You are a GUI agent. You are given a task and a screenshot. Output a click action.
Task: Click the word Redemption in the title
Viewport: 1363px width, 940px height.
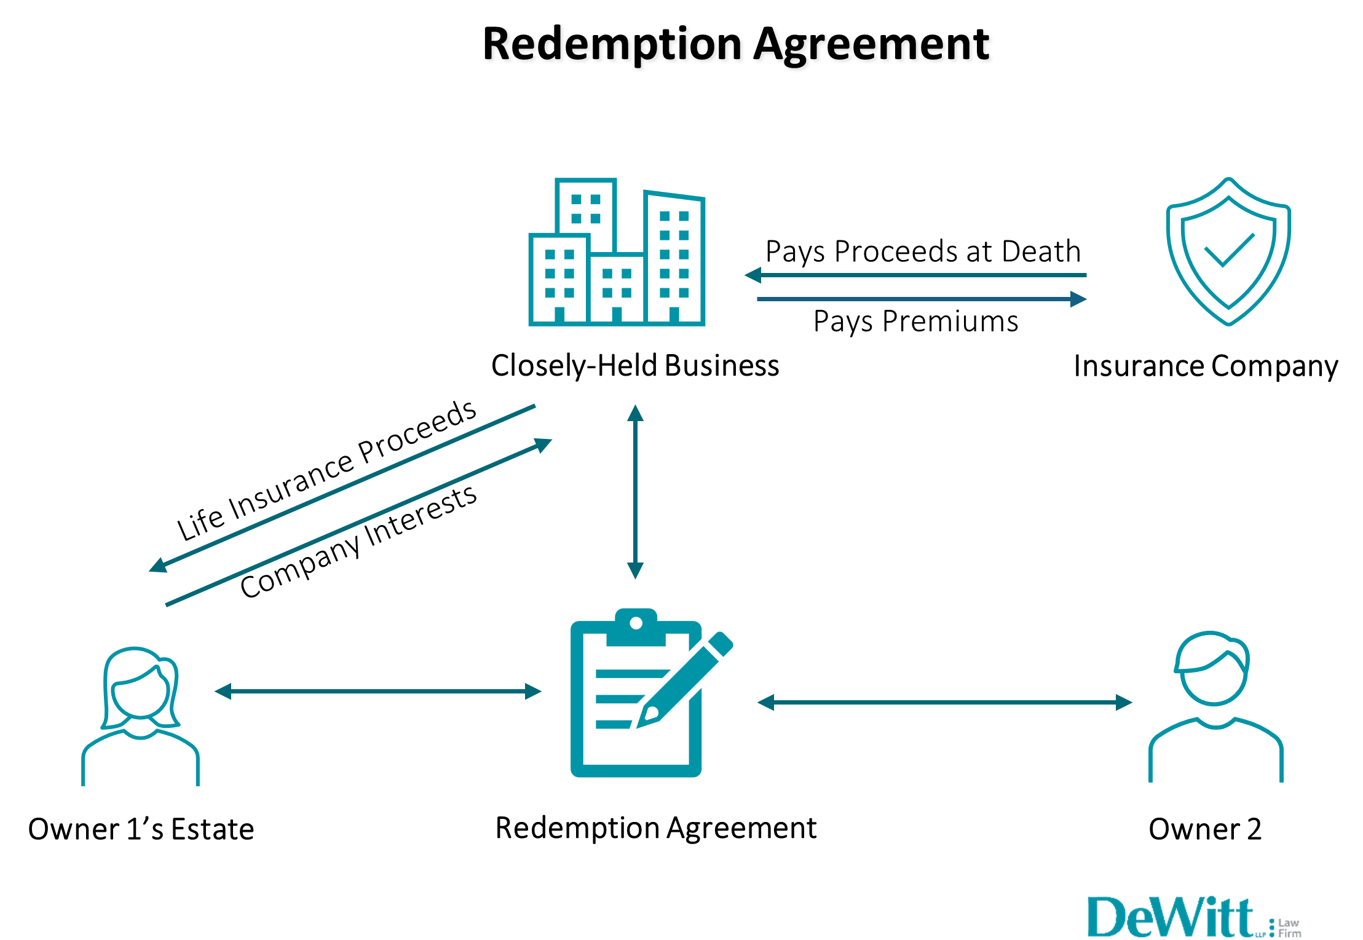pyautogui.click(x=614, y=45)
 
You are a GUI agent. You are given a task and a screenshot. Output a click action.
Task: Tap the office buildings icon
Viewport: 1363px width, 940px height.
pyautogui.click(x=617, y=252)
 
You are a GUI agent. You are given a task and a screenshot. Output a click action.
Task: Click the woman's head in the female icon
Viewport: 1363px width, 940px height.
pyautogui.click(x=141, y=689)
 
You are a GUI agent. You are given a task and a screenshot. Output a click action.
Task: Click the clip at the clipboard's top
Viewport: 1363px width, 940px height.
pyautogui.click(x=636, y=627)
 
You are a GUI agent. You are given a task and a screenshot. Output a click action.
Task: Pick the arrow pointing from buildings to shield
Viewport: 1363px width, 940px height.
pyautogui.click(x=922, y=299)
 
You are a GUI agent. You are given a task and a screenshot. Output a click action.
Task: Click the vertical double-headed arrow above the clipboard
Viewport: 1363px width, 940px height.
pyautogui.click(x=635, y=492)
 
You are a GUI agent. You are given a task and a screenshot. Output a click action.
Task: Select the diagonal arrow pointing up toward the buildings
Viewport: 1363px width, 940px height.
pyautogui.click(x=359, y=522)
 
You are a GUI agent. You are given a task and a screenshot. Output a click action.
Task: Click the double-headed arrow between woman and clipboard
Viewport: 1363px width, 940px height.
pyautogui.click(x=377, y=692)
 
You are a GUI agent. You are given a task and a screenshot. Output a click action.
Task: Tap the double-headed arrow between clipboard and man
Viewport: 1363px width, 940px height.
pyautogui.click(x=944, y=702)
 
